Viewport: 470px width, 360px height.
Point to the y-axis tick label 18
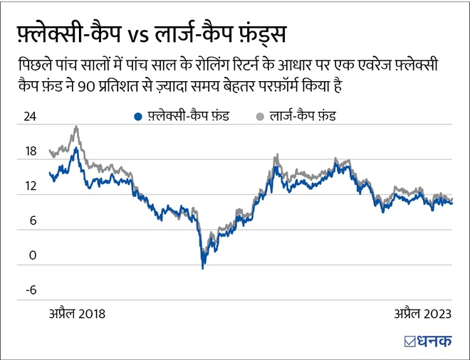click(29, 152)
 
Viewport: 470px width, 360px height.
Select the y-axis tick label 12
click(29, 186)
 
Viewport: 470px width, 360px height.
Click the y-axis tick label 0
click(32, 255)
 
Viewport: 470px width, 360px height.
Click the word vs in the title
click(138, 35)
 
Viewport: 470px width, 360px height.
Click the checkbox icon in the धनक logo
click(409, 341)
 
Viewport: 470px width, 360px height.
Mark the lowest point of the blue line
click(203, 268)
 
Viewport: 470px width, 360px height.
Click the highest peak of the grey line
click(76, 127)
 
